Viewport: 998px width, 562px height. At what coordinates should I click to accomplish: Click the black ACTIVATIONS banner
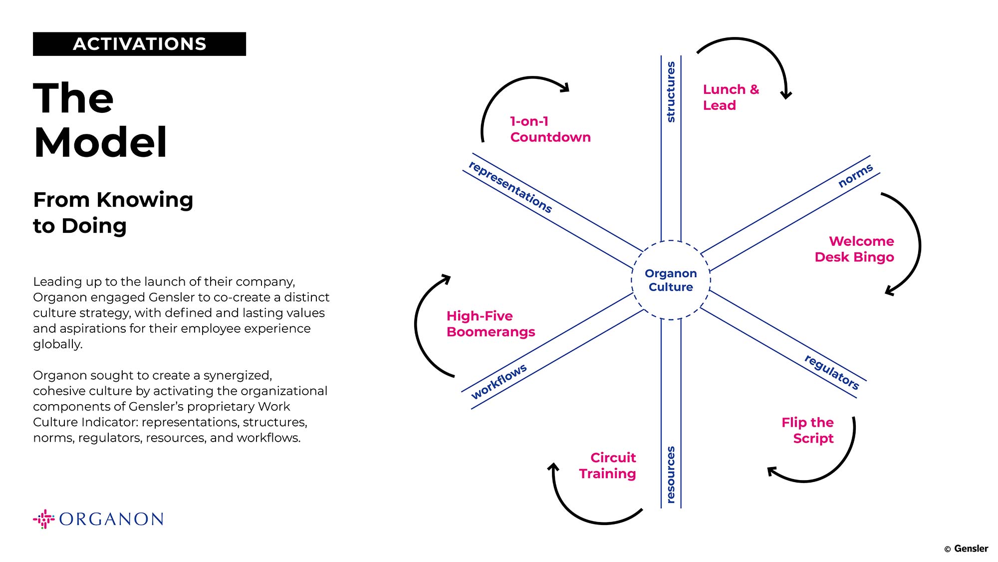point(139,44)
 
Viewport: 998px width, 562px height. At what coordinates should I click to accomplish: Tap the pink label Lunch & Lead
point(731,97)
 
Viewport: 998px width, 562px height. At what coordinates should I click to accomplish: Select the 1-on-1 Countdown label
point(550,129)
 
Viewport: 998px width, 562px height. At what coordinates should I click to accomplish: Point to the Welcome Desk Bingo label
point(854,249)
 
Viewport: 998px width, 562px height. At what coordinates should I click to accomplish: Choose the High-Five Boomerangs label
point(491,324)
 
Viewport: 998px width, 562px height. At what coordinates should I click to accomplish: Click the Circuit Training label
point(607,466)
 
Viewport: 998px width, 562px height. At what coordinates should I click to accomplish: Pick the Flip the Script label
point(807,430)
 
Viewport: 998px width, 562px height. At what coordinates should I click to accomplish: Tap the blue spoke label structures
point(671,92)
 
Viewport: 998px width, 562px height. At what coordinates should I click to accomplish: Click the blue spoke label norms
point(855,176)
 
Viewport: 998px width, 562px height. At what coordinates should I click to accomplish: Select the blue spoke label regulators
point(832,372)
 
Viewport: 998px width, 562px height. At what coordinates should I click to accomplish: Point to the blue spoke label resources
point(671,475)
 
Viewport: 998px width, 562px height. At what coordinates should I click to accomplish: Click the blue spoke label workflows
point(499,382)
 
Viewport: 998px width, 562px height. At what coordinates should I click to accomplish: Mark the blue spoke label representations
point(510,187)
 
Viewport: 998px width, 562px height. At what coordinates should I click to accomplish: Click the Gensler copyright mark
point(966,549)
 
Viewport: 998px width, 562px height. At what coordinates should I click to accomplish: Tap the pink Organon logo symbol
point(44,519)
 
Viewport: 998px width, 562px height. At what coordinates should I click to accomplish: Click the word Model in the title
point(100,142)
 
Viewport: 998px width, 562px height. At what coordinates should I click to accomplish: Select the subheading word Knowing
point(145,200)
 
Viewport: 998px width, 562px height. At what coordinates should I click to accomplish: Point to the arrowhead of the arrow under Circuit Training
point(553,468)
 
